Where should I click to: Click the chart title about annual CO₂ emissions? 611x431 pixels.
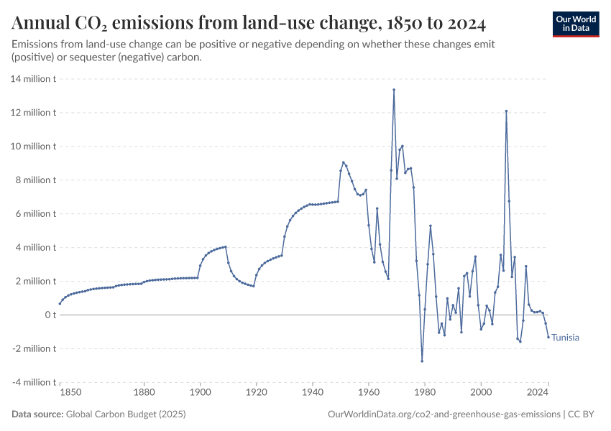[x=249, y=24]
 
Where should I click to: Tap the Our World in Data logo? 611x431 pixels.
[x=575, y=23]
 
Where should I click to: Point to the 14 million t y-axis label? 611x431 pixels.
[x=33, y=79]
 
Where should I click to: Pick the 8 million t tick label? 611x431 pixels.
[x=35, y=180]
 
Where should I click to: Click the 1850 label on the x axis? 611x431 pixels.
[x=70, y=393]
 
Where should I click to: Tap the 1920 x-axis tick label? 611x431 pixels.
[x=256, y=393]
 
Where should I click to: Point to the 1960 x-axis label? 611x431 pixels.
[x=368, y=393]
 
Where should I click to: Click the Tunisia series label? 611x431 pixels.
[x=566, y=338]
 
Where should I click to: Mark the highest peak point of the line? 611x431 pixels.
[x=394, y=90]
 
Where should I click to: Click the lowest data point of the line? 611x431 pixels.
[x=422, y=361]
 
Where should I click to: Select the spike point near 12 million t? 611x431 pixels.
[x=506, y=111]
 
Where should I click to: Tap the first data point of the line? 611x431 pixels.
[x=60, y=304]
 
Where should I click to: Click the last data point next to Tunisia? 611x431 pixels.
[x=548, y=337]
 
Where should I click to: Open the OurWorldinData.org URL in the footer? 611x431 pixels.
[x=444, y=414]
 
